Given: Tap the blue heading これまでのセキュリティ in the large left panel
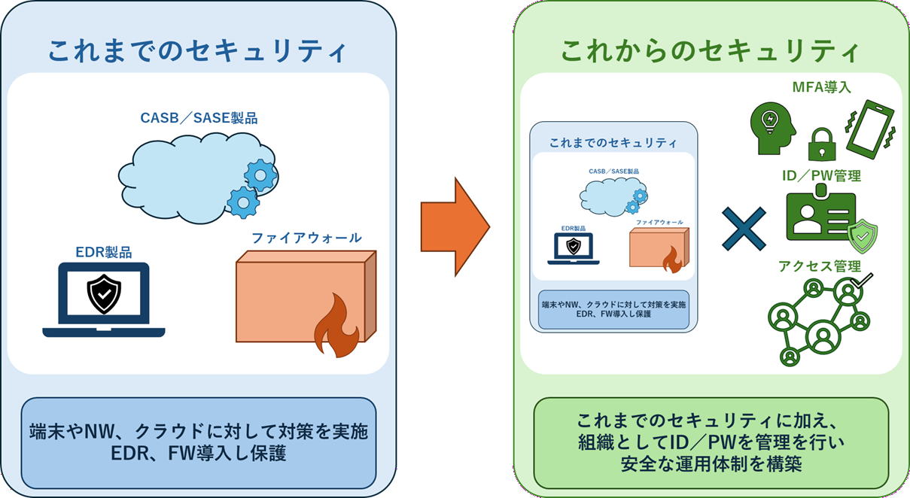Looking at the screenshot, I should tap(197, 50).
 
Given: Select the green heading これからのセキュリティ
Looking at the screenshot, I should tap(710, 50).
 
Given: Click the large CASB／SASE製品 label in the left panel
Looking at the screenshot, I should tap(199, 118).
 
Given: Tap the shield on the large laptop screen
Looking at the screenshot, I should tap(104, 293).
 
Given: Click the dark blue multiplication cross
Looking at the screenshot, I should tap(744, 228).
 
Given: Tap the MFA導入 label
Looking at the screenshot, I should tap(822, 87).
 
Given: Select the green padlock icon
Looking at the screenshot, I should tap(823, 143).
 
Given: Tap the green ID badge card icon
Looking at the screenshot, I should tap(820, 216).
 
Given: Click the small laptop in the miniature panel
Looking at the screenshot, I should tap(574, 247).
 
